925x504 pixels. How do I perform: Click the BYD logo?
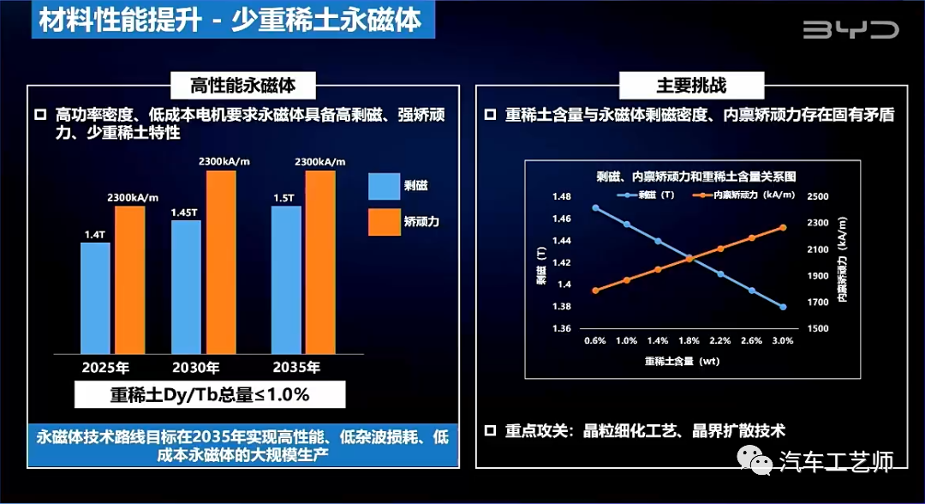tap(850, 30)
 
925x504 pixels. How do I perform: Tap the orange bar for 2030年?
tap(219, 261)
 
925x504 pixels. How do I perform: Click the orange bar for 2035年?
tap(319, 261)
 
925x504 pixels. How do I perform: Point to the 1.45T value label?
tap(184, 212)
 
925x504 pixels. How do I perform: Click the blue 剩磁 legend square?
tap(385, 186)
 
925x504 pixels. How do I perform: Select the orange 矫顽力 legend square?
tap(385, 222)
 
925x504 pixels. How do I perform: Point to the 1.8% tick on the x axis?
tap(689, 340)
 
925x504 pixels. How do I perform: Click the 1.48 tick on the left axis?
tap(560, 197)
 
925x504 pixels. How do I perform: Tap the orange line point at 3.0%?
tap(783, 227)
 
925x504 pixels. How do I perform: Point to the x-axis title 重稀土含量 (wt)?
tap(683, 361)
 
